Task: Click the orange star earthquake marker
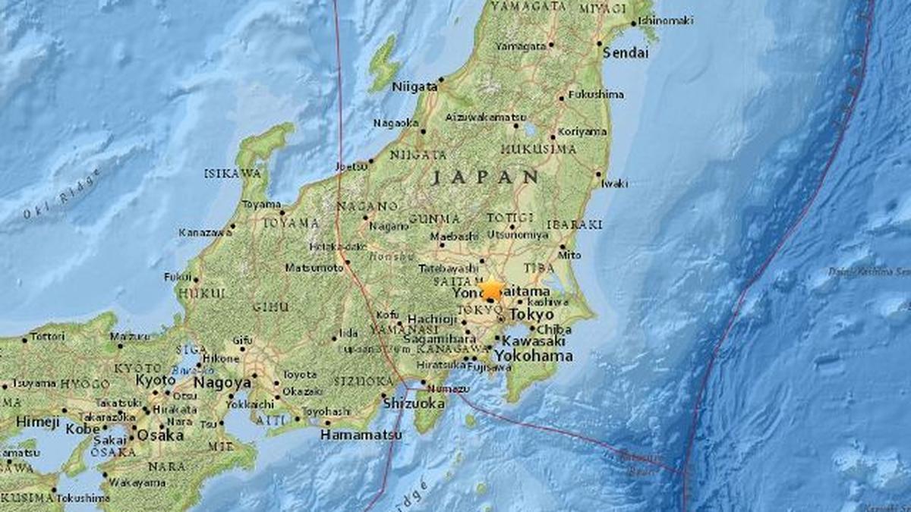pos(492,289)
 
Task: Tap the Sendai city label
pos(626,53)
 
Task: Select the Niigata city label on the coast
pos(414,86)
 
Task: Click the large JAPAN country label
pos(485,177)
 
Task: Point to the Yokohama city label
pos(534,356)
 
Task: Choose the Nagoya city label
pos(222,382)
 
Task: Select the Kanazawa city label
pos(203,232)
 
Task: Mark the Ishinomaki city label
pos(666,20)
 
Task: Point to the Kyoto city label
pos(156,379)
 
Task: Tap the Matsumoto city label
pos(314,267)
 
